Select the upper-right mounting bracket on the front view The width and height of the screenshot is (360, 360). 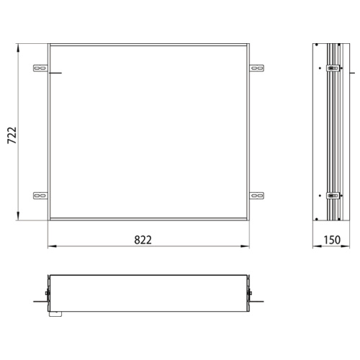(257, 69)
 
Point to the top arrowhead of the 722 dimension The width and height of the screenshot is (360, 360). (19, 48)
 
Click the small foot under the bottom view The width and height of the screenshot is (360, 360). (55, 312)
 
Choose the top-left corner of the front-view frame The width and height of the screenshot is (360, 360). (48, 45)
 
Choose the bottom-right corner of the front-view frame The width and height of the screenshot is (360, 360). (250, 220)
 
